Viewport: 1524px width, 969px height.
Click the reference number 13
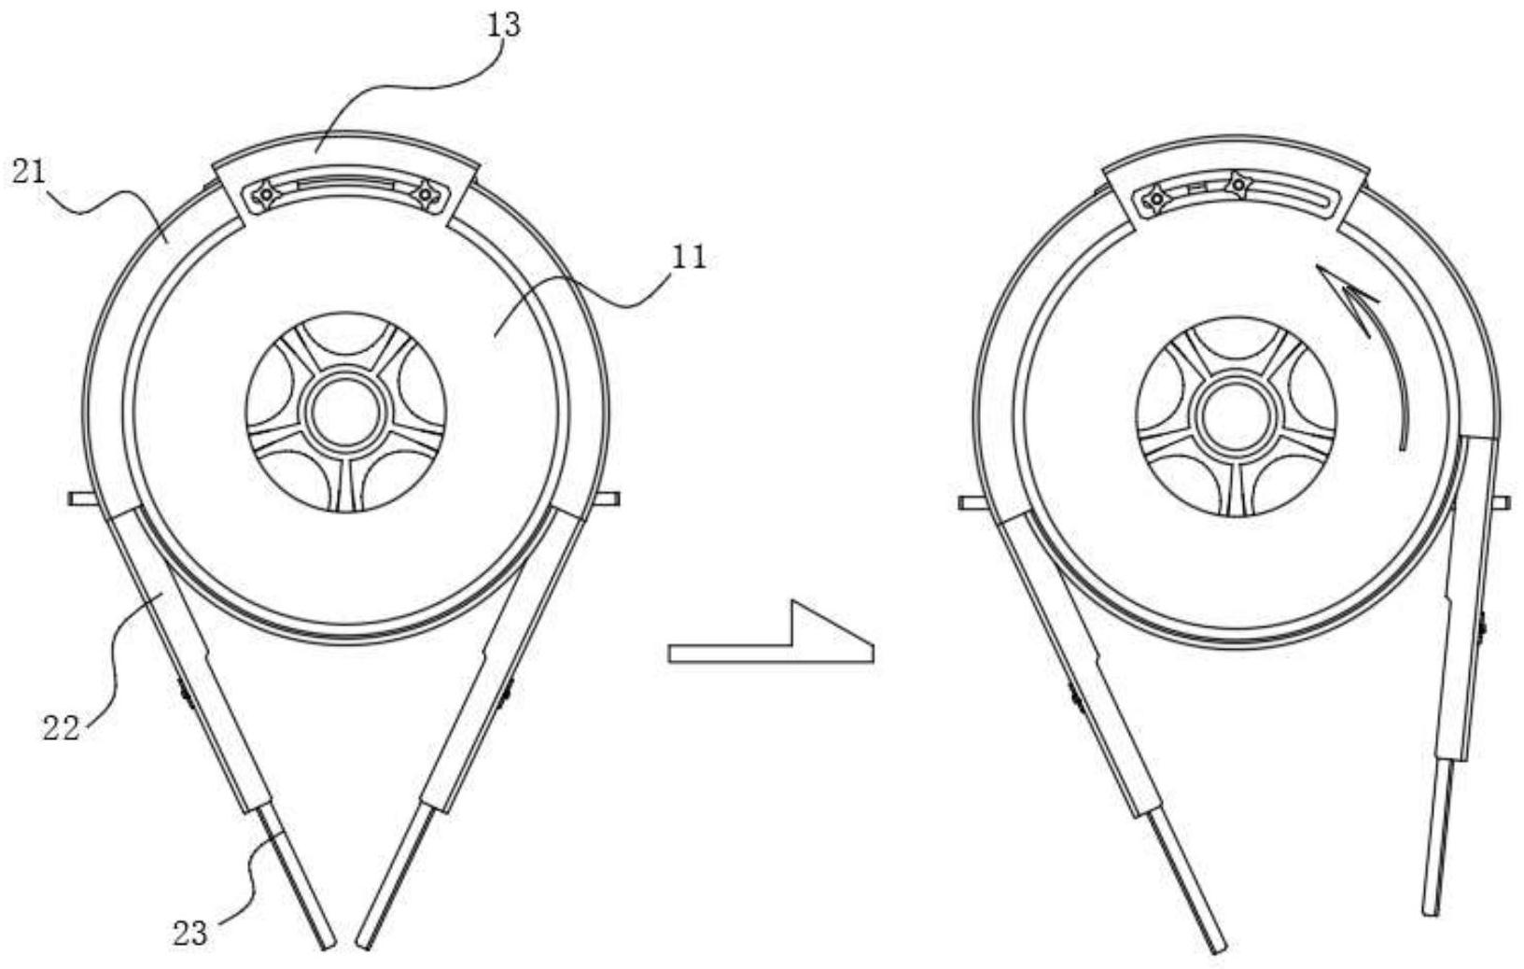click(503, 24)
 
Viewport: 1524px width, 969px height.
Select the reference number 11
click(690, 256)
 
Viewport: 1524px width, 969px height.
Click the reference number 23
click(190, 932)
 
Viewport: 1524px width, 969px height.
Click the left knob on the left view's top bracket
click(266, 194)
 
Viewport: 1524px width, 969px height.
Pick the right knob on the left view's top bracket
click(425, 194)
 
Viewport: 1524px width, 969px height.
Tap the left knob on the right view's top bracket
click(1156, 198)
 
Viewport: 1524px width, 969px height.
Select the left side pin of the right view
click(971, 503)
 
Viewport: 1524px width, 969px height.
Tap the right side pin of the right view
click(1503, 503)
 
